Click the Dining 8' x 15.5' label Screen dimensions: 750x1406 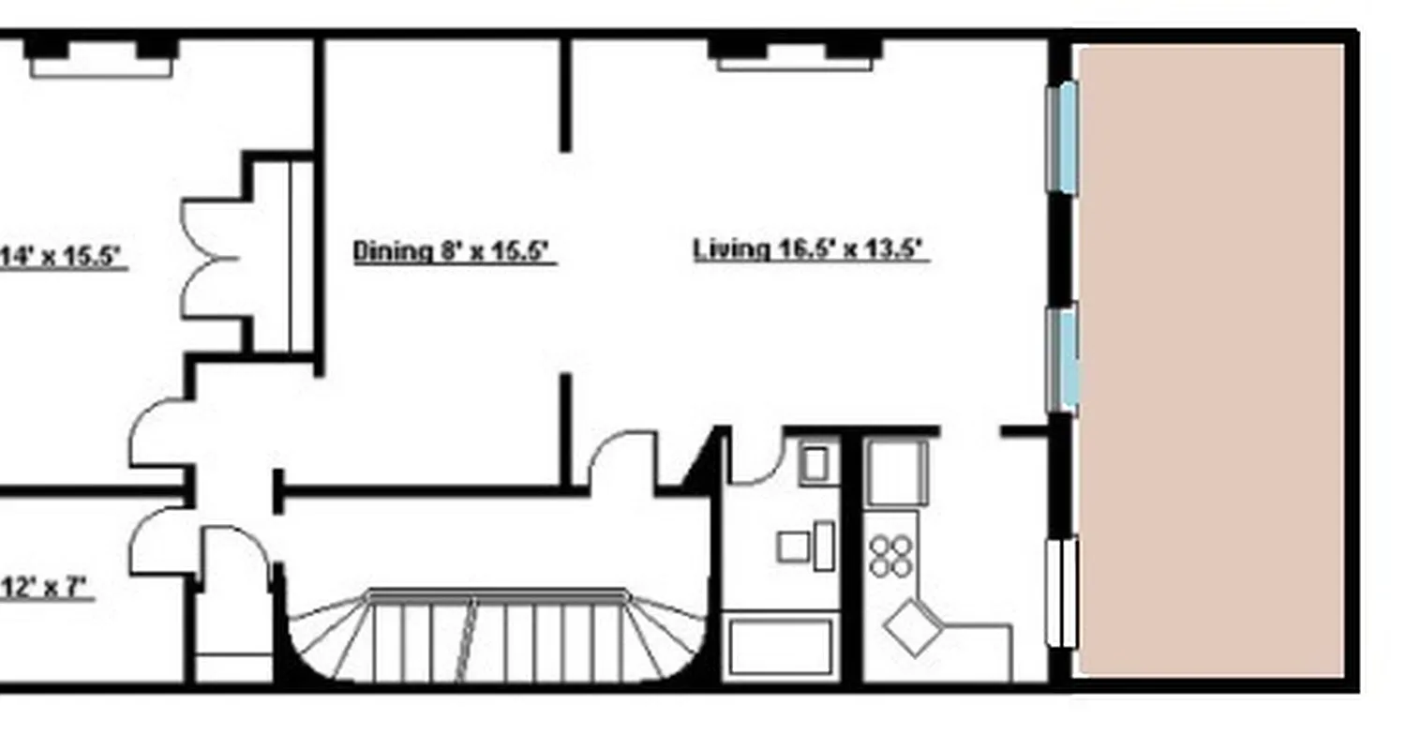[x=454, y=251]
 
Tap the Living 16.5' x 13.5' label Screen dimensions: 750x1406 [x=810, y=249]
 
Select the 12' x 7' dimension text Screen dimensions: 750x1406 [x=47, y=588]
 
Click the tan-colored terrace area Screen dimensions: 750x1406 [x=1213, y=360]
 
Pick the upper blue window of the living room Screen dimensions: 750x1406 [x=1063, y=138]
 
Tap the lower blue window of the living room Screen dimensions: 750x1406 [x=1063, y=358]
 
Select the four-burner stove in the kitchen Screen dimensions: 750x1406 [x=890, y=555]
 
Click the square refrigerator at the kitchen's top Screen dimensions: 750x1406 [x=896, y=472]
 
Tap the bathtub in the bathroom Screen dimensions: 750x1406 [x=781, y=646]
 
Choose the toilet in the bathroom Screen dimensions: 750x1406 [x=807, y=546]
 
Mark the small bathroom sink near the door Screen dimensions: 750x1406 [x=815, y=463]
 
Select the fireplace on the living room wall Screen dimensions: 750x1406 [x=796, y=53]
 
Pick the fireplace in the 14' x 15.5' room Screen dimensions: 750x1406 [x=101, y=56]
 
